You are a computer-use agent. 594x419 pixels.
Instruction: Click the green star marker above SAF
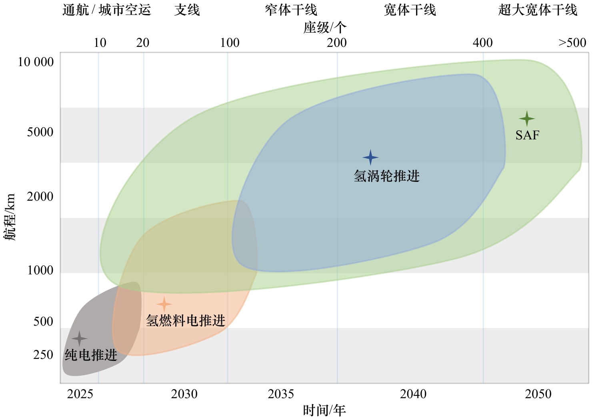coord(527,119)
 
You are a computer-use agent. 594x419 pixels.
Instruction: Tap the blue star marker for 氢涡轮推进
coord(370,157)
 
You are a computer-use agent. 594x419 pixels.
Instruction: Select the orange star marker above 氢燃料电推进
coord(164,304)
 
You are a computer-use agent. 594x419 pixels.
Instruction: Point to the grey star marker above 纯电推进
coord(79,338)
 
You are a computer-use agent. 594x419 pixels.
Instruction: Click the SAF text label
coord(527,135)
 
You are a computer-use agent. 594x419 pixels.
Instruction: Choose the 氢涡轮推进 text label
coord(386,176)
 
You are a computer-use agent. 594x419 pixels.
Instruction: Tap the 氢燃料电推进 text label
coord(186,320)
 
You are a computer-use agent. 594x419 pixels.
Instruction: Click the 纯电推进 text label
coord(91,355)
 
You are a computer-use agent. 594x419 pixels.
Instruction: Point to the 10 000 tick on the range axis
coord(36,62)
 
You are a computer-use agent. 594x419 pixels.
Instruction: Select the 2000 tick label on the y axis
coord(40,197)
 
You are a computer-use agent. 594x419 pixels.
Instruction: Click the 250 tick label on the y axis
coord(43,355)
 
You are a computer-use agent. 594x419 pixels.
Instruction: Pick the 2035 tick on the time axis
coord(281,394)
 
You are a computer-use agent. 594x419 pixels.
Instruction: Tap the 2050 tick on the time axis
coord(538,394)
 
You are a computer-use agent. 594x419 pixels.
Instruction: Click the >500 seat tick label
coord(572,43)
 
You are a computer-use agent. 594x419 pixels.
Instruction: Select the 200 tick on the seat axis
coord(337,43)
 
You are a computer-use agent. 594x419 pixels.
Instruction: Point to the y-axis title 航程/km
coord(10,217)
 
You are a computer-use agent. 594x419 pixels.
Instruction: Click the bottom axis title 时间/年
coord(324,411)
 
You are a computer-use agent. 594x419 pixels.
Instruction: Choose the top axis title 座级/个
coord(324,27)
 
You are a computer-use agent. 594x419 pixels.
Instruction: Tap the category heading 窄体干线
coord(291,10)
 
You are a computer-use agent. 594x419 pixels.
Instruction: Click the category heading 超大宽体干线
coord(538,10)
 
